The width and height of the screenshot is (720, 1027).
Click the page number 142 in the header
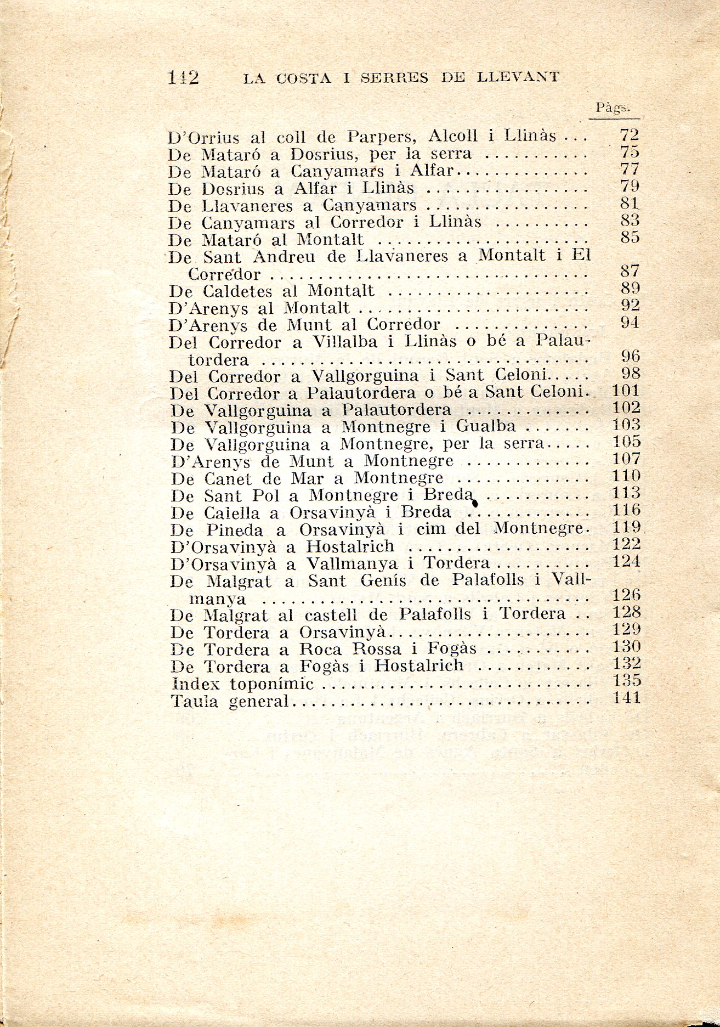[183, 78]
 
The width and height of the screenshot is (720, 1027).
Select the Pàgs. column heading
[613, 108]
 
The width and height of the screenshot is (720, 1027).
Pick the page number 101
[625, 391]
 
